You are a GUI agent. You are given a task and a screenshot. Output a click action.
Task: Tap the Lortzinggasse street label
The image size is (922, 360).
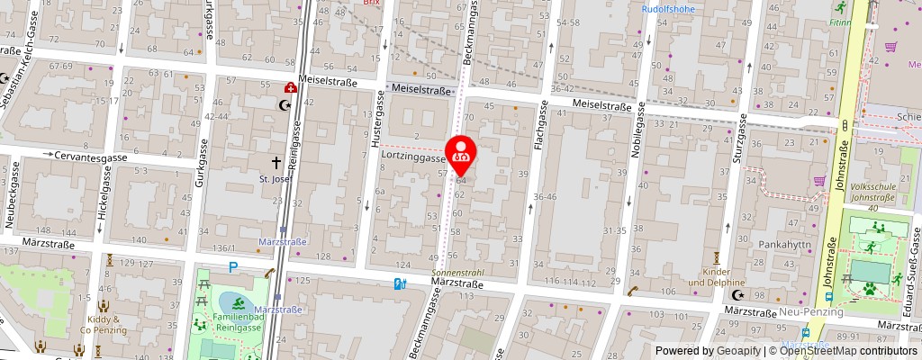(x=412, y=157)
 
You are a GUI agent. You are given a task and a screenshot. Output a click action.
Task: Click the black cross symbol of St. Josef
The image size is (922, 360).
(x=277, y=163)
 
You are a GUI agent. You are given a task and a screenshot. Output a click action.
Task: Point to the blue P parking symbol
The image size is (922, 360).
(x=233, y=266)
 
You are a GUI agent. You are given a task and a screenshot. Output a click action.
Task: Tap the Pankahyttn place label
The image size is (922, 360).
(x=786, y=243)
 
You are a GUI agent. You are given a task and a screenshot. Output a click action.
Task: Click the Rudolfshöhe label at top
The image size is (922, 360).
(x=668, y=9)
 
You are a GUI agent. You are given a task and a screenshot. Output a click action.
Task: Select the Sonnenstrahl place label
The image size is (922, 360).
(x=459, y=271)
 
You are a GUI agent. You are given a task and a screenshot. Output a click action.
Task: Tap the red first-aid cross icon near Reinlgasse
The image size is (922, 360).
(x=291, y=88)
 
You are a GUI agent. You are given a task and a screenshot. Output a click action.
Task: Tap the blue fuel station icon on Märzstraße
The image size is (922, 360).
(x=400, y=284)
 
